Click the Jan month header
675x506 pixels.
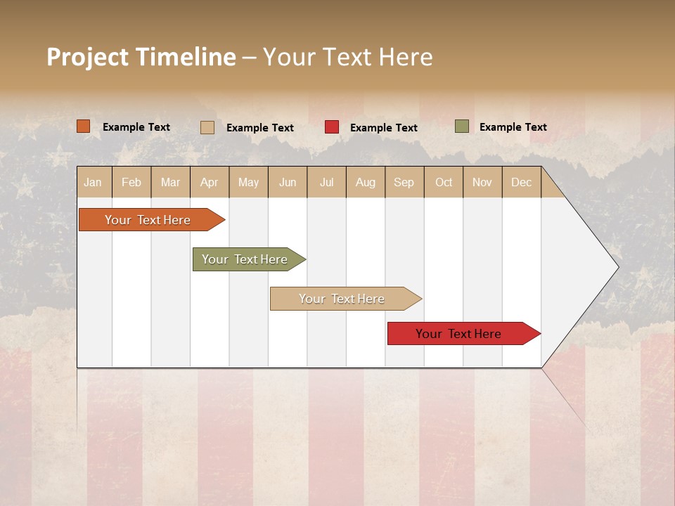coord(93,182)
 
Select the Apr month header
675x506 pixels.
coord(209,182)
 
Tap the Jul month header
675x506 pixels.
coord(326,182)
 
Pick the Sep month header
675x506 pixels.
coord(404,182)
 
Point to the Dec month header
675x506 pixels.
coord(521,182)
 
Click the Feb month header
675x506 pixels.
coord(131,182)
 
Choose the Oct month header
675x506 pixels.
coord(444,182)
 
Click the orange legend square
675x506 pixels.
coord(84,126)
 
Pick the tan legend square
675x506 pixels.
coord(207,127)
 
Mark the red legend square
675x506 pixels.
coord(332,127)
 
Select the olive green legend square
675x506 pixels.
coord(462,126)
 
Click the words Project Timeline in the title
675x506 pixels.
coord(141,57)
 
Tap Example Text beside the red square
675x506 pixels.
coord(383,128)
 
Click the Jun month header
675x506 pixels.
coord(288,182)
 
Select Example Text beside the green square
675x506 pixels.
coord(513,127)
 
